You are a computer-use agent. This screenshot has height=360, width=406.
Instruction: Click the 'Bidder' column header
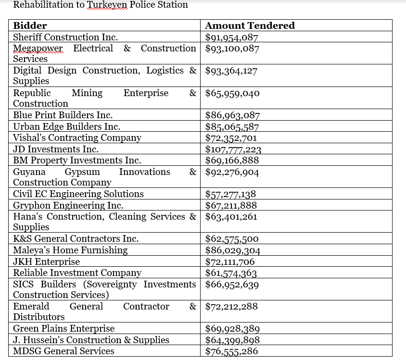30,26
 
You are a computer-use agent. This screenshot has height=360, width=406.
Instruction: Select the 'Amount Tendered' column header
250,26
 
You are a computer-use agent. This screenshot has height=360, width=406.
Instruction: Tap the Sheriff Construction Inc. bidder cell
65,37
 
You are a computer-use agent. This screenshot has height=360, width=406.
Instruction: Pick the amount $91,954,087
232,37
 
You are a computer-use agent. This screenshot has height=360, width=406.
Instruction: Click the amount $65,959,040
232,93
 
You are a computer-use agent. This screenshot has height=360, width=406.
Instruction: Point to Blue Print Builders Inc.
63,115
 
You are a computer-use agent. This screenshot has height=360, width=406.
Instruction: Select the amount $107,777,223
233,149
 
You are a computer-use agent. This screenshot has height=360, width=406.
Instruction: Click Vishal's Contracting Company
77,138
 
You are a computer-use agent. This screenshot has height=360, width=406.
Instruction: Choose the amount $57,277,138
230,194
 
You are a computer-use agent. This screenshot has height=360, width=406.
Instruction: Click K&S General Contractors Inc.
76,239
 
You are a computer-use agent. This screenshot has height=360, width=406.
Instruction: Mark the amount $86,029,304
233,250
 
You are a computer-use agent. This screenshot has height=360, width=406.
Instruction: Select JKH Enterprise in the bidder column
46,262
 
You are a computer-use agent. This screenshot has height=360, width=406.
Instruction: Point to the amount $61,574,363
231,273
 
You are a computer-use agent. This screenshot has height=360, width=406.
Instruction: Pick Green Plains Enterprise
63,329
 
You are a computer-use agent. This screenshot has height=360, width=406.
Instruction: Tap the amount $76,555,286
231,351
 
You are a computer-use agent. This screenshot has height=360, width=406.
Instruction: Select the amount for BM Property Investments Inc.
232,161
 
